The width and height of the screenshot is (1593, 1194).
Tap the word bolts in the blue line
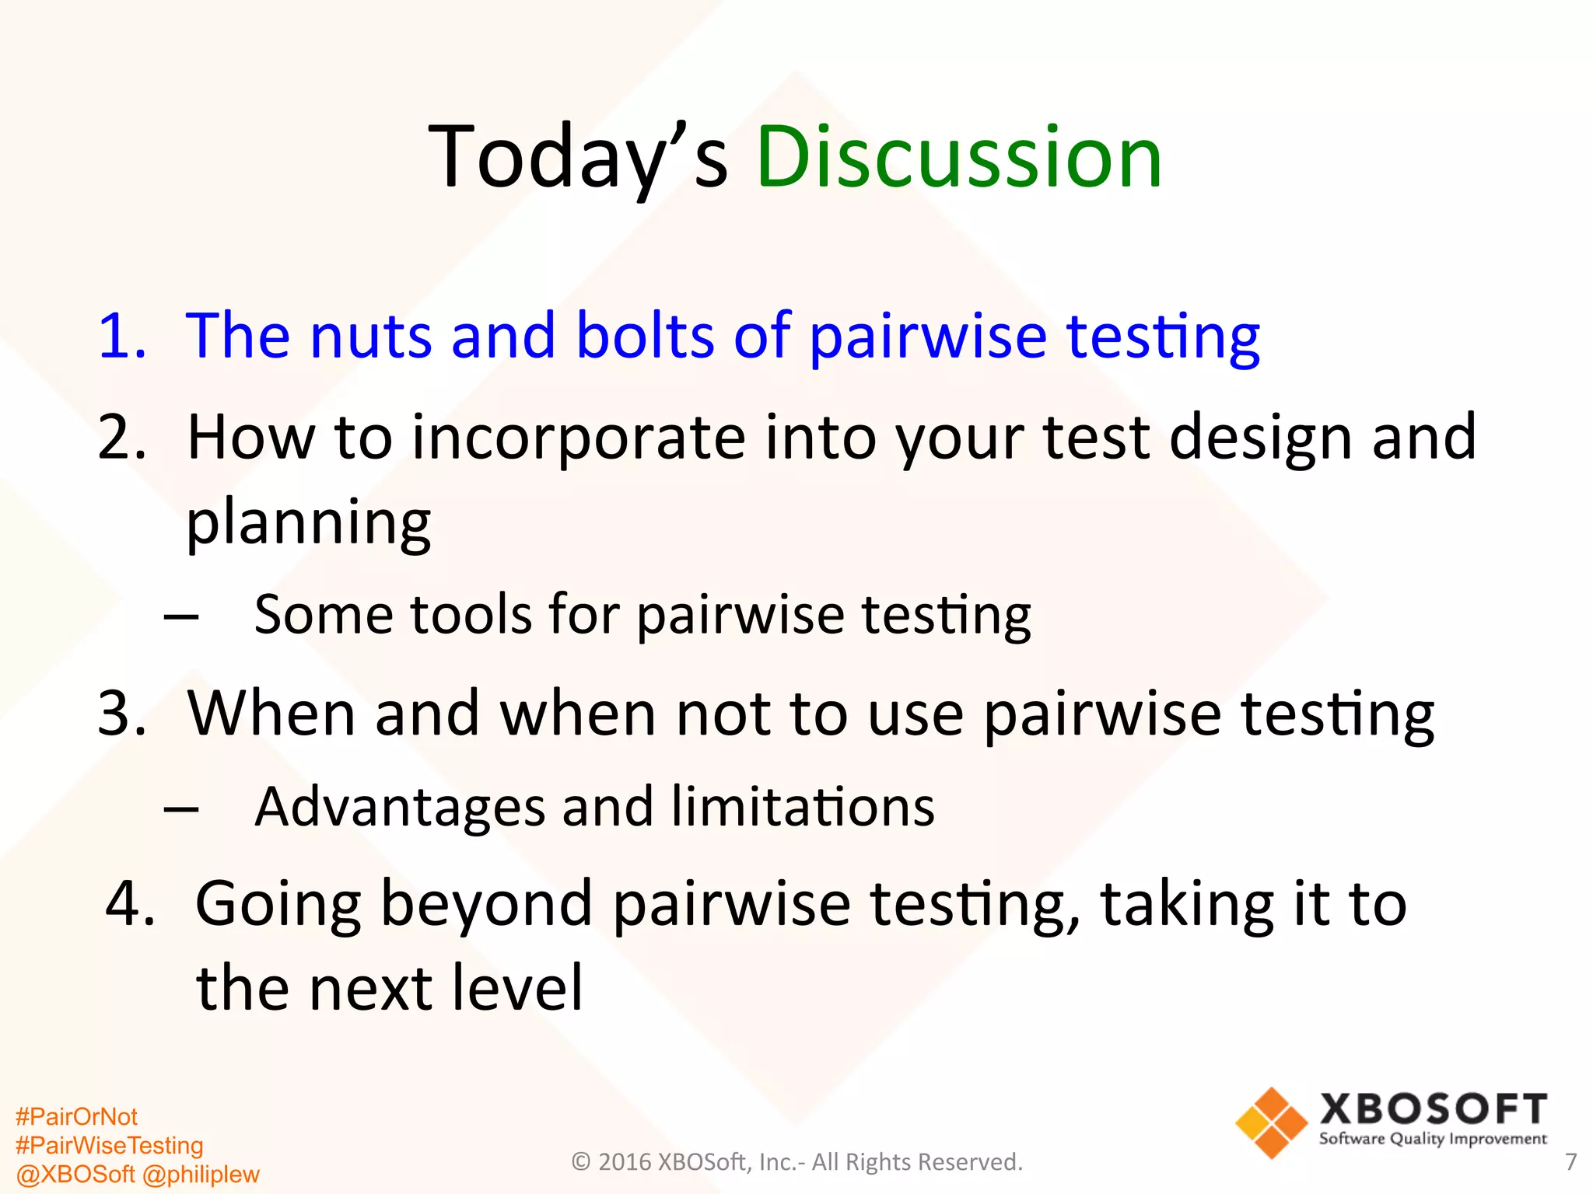[x=645, y=336]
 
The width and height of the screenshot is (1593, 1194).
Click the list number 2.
[x=121, y=438]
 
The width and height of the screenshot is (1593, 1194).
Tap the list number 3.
[x=121, y=714]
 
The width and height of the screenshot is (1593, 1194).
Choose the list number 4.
[x=129, y=904]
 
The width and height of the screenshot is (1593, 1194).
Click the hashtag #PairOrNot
[x=76, y=1117]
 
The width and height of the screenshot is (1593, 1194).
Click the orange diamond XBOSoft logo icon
[x=1271, y=1122]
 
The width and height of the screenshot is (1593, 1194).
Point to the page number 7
[x=1570, y=1162]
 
